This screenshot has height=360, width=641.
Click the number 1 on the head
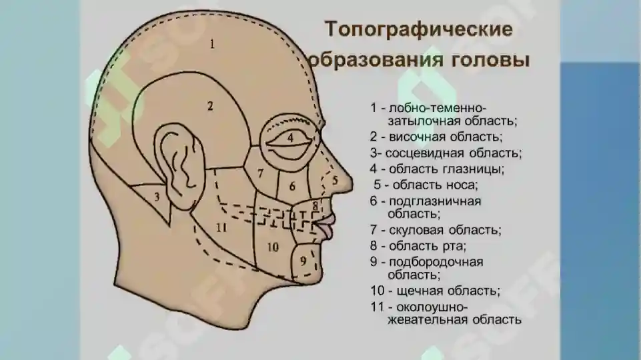(211, 44)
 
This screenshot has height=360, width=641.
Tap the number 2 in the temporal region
(210, 106)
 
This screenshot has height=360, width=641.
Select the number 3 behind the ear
(157, 197)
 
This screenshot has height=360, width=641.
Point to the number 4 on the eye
(290, 137)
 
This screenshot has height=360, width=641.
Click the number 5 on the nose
(336, 180)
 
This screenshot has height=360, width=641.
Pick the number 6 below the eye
(292, 187)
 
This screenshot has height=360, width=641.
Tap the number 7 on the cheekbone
(260, 173)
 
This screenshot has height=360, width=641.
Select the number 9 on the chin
(303, 261)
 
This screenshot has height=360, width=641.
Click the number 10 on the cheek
(273, 247)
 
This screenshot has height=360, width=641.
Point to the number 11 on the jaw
(221, 227)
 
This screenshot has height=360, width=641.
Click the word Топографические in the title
(419, 30)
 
